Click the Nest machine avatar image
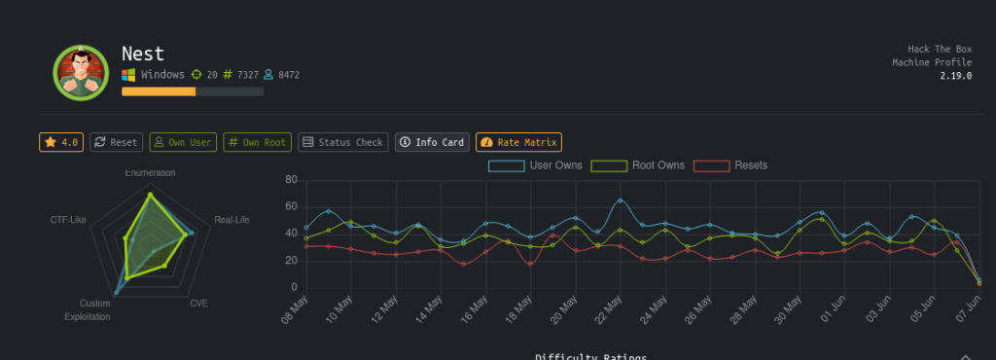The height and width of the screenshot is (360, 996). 81,73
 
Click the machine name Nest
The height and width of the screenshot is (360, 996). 143,53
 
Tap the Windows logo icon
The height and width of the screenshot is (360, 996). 128,75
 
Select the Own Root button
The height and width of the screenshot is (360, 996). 257,142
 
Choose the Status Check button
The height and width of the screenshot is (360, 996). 342,142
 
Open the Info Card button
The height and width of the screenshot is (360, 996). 432,142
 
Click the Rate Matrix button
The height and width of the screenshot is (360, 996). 518,142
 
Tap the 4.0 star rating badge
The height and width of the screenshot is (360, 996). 61,142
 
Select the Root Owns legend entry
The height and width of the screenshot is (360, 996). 638,165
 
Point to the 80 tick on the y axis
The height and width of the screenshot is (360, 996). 289,180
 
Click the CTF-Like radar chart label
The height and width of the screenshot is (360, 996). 68,220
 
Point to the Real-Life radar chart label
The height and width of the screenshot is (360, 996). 231,220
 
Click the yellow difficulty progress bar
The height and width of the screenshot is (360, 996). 159,91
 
